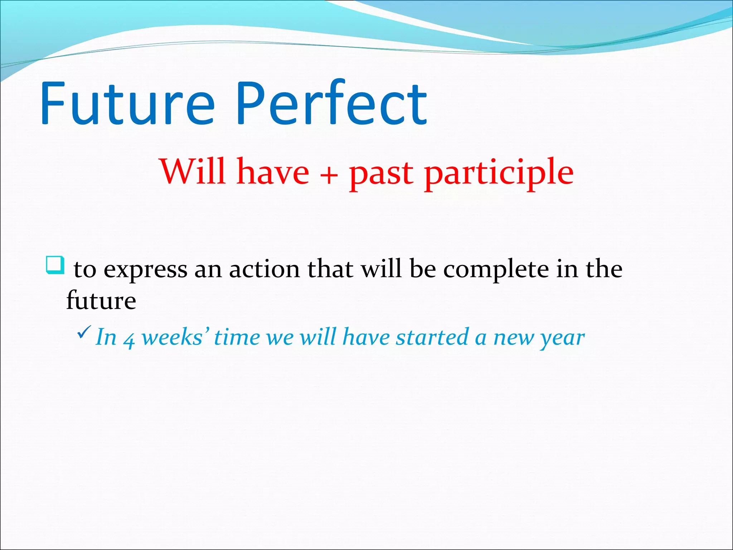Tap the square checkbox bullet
pos(55,265)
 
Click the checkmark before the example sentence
pos(84,333)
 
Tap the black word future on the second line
pos(101,301)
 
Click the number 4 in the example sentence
pos(129,339)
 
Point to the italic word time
pos(237,337)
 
